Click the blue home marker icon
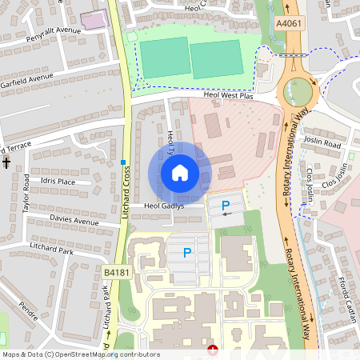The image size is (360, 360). point(180,173)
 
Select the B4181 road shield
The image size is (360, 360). point(116,274)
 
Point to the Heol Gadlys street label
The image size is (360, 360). point(164,206)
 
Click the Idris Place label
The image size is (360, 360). point(58,182)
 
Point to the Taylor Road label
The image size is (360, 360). point(26,193)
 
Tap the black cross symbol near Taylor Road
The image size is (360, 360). point(6,163)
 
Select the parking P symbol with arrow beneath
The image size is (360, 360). point(226,206)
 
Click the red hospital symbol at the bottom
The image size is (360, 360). point(212,350)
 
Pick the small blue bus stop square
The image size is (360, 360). point(123,162)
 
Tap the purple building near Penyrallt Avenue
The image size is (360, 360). point(94,21)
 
